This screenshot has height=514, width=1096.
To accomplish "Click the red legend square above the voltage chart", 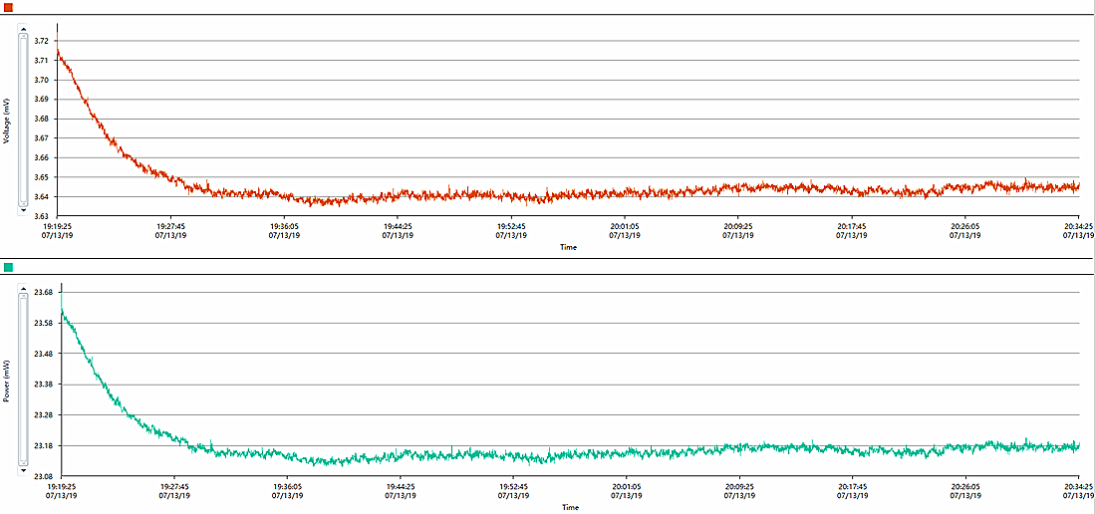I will click(x=8, y=7).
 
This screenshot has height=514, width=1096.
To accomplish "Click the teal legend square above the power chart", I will click(x=8, y=267).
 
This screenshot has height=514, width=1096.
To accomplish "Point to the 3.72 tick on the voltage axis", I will click(x=41, y=41).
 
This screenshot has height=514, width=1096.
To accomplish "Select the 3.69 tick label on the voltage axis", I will click(x=41, y=99).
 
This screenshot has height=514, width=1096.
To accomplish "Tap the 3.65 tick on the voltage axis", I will click(x=41, y=176).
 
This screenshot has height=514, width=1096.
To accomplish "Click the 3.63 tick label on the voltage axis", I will click(x=41, y=215).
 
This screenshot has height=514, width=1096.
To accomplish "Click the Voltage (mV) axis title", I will click(x=7, y=121).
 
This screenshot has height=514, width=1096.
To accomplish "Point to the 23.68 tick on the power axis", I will click(x=43, y=293).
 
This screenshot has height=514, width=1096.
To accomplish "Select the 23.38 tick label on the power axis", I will click(x=43, y=384).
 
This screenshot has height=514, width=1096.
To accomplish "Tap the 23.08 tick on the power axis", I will click(x=43, y=475).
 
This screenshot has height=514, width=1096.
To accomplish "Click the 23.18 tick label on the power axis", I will click(x=43, y=445).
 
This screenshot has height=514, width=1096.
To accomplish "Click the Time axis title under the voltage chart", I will click(x=568, y=247).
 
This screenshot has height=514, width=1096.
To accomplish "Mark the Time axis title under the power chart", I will click(x=569, y=507).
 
